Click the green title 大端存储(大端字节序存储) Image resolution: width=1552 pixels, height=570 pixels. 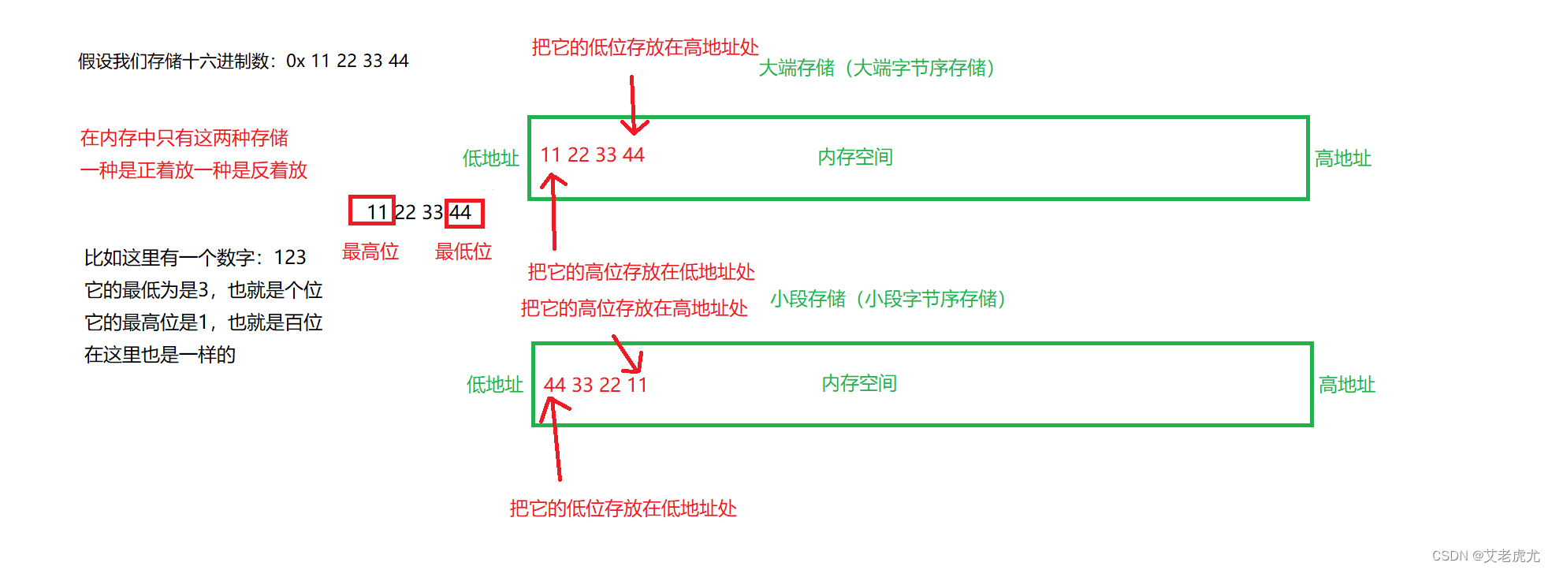[876, 69]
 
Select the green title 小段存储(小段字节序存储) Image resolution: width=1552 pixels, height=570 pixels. [888, 300]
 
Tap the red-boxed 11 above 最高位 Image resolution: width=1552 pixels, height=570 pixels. [373, 211]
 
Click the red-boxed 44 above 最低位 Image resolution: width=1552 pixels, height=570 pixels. [463, 213]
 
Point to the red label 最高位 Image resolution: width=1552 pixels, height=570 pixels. [370, 252]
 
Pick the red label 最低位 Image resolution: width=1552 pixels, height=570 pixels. [463, 252]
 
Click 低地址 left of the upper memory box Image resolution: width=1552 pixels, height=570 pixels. [490, 158]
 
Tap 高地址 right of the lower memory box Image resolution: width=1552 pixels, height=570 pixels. [1347, 385]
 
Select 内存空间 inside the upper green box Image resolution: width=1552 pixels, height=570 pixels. [855, 158]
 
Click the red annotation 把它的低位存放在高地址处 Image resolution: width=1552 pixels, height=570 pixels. [645, 48]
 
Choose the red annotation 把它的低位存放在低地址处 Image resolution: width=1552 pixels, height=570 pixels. [623, 509]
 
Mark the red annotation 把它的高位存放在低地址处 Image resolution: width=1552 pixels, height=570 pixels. [641, 273]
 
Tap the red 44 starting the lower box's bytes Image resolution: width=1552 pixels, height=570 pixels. [555, 386]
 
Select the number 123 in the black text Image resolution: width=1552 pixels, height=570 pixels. [290, 258]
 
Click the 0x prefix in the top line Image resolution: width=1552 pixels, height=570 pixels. [296, 61]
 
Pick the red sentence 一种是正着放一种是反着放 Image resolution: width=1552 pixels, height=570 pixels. [194, 171]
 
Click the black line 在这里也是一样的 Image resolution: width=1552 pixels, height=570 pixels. [160, 356]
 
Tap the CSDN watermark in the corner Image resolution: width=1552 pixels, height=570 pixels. [1485, 556]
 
